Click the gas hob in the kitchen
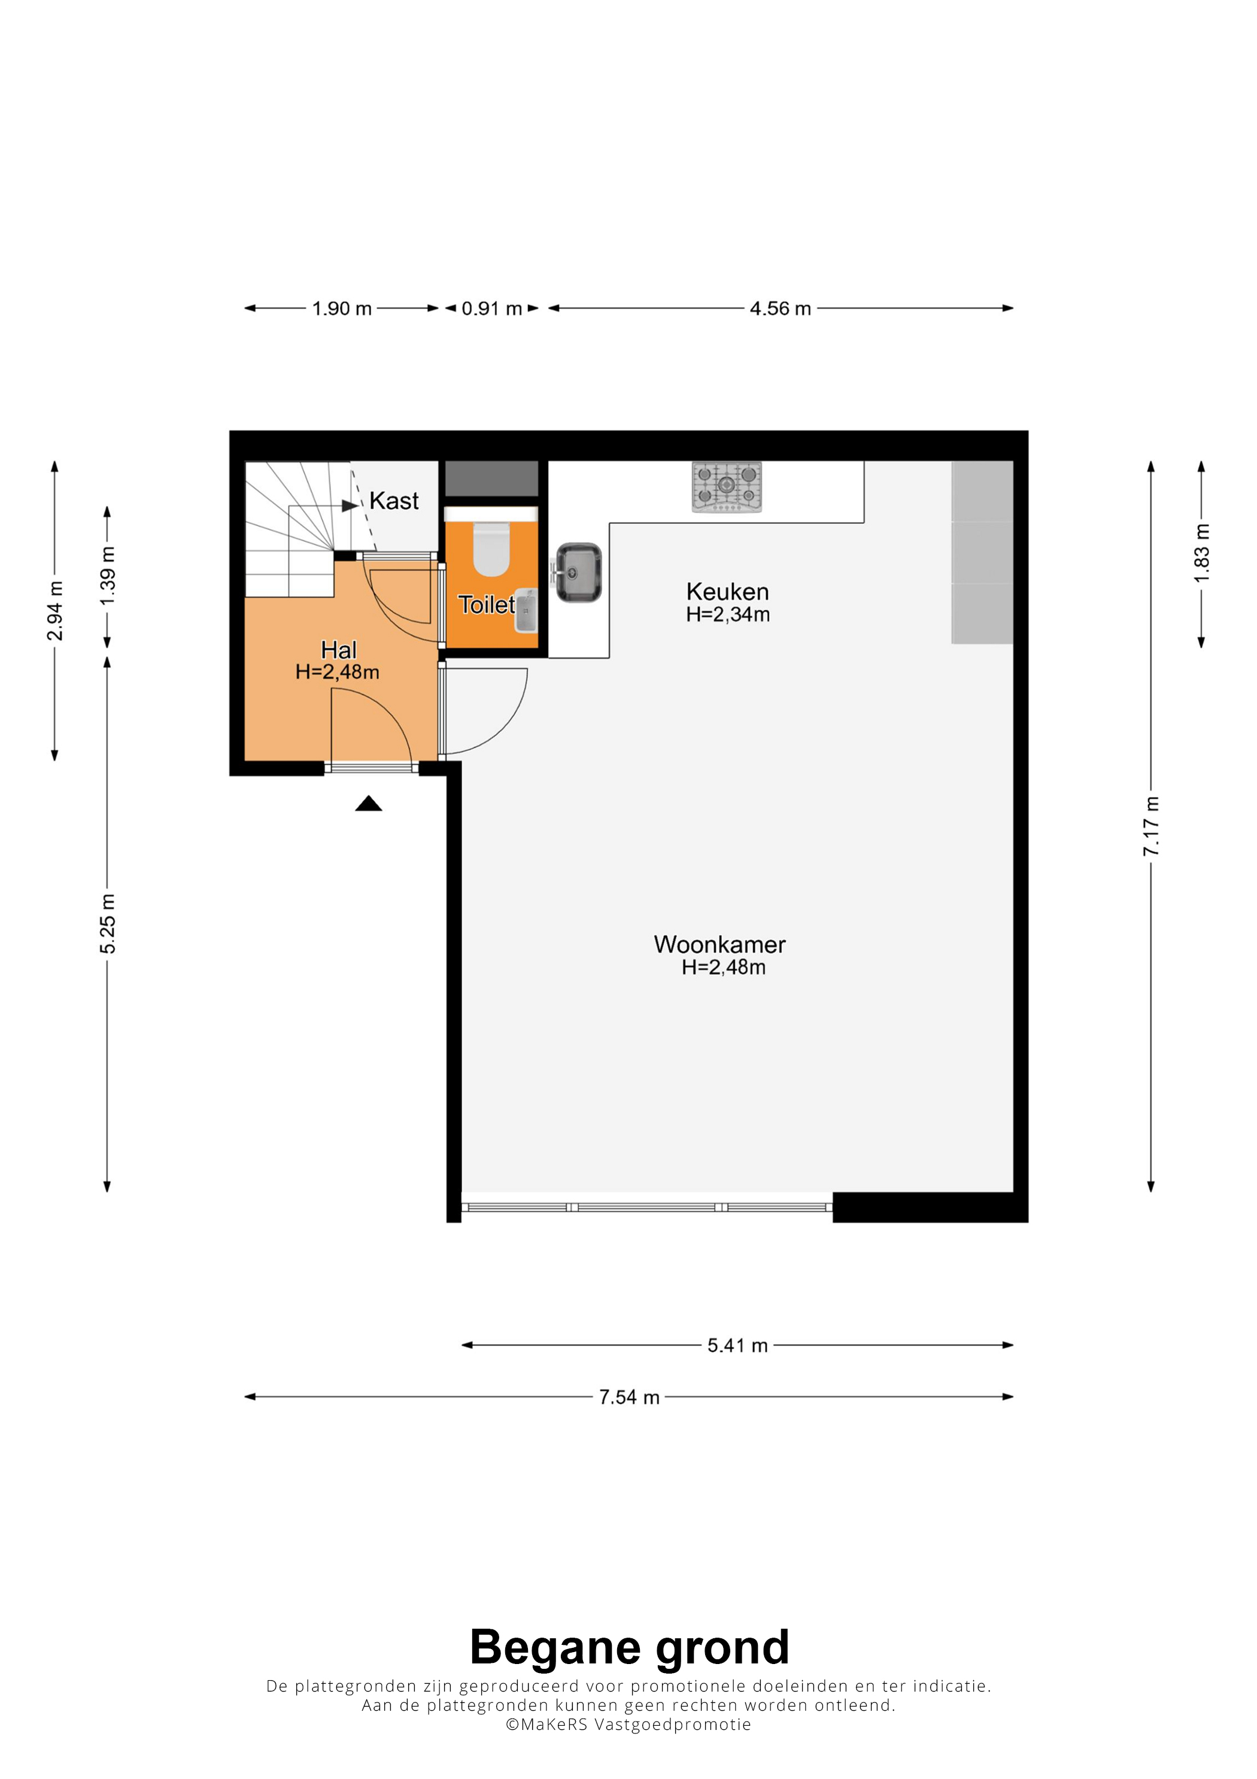(727, 487)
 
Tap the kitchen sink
(579, 572)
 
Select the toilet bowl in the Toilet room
(491, 548)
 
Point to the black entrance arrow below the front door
(369, 804)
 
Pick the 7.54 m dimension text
(629, 1397)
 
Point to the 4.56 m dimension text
(780, 308)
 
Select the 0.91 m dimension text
(492, 308)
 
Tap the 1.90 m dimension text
(342, 308)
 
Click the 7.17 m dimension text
(1151, 825)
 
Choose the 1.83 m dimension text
(1201, 553)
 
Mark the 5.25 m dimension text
(107, 923)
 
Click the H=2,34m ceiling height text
(728, 614)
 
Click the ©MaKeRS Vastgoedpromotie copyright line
(628, 1724)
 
